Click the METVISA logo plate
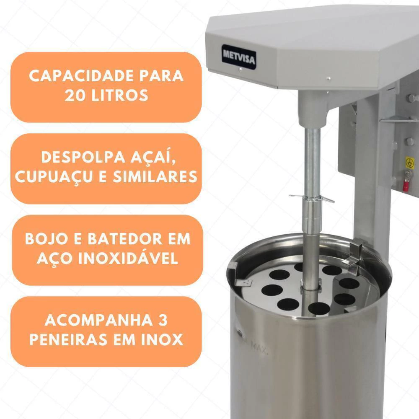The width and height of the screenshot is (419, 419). coord(239,57)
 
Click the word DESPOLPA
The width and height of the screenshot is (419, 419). coord(83,157)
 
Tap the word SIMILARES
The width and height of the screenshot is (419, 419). coord(155,177)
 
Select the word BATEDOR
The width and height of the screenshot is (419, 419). coord(125,239)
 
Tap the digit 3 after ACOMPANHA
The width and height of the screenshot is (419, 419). coord(163,320)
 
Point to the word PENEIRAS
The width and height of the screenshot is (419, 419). coord(69,340)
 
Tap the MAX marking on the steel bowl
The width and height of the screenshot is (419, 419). coord(259,348)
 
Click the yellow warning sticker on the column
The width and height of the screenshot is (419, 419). coord(410,162)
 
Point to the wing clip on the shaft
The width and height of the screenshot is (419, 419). coord(312,199)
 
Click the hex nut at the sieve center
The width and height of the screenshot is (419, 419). coord(311,286)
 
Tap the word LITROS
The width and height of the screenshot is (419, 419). coord(120,96)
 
